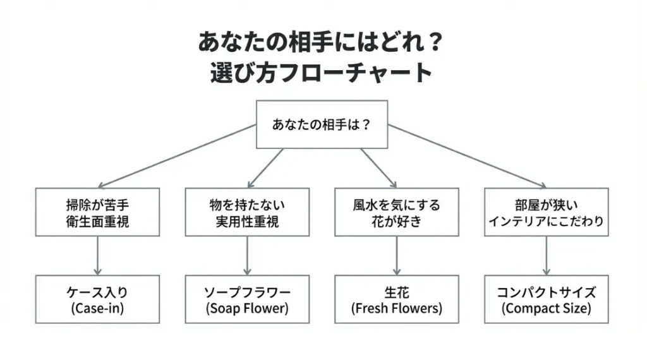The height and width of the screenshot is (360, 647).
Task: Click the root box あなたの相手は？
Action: [321, 124]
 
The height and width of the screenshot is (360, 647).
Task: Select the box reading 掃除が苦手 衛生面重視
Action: [97, 212]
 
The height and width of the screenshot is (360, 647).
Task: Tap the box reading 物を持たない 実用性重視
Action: [246, 212]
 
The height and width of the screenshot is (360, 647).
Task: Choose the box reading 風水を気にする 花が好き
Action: [396, 212]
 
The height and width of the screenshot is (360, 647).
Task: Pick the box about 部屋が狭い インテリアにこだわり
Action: [546, 212]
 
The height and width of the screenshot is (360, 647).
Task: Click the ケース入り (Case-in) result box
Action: [97, 299]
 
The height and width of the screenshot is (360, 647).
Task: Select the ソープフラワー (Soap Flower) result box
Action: [246, 299]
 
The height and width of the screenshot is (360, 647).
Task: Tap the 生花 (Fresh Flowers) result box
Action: [396, 299]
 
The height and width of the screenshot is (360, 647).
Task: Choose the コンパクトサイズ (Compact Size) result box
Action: [546, 299]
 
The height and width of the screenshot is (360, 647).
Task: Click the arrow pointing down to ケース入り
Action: [97, 256]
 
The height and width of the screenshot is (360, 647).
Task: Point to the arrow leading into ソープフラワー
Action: [246, 256]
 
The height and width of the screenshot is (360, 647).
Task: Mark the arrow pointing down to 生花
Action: [396, 256]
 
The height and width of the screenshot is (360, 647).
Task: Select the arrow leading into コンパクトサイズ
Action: [546, 256]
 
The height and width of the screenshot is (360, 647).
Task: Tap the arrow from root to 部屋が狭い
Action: [468, 156]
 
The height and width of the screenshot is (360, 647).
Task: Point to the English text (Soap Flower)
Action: [246, 309]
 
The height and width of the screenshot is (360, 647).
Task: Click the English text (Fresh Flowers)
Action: [396, 309]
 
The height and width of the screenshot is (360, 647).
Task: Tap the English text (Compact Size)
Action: [546, 309]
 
